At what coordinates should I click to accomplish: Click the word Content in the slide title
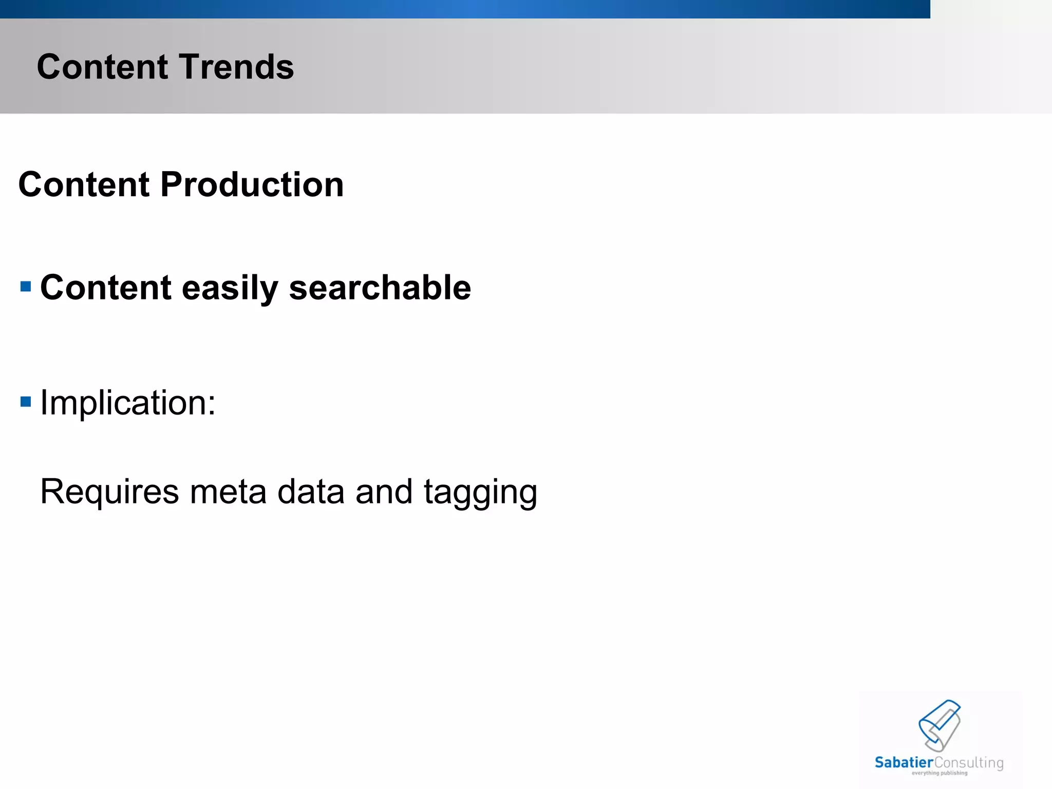(x=102, y=67)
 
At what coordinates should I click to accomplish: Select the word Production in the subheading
(x=252, y=184)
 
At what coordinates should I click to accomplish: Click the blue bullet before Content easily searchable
(x=26, y=286)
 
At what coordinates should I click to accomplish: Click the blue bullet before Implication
(x=26, y=401)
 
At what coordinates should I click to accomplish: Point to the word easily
(x=230, y=288)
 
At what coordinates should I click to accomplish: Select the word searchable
(x=380, y=288)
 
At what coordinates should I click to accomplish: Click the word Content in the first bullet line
(x=105, y=288)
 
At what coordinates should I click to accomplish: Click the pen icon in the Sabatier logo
(x=940, y=725)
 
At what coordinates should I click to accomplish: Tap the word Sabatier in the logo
(x=904, y=762)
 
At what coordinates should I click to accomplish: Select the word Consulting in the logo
(x=968, y=763)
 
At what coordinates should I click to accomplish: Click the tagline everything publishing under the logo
(x=940, y=773)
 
